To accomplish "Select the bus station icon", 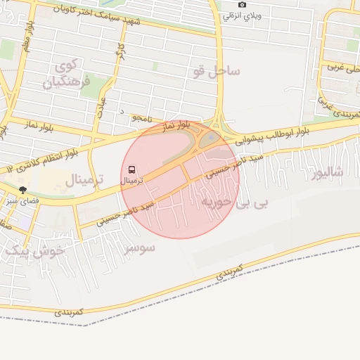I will pos(131,169).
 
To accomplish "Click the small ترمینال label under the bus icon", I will pos(131,181).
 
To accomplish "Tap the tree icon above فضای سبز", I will pos(22,190).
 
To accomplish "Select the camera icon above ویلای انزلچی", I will pos(243,4).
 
